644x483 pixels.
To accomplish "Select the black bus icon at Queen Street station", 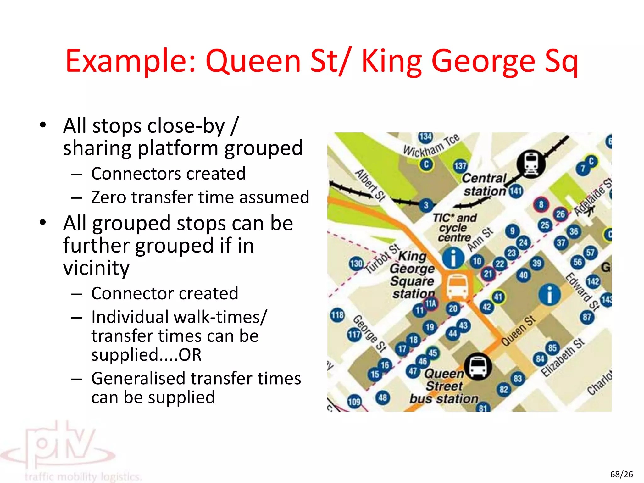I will click(478, 367).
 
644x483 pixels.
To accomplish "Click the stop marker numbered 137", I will click(460, 166).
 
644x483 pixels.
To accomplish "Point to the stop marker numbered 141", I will click(516, 191).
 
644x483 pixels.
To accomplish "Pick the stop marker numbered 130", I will click(356, 263).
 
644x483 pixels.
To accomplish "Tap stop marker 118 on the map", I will click(337, 315).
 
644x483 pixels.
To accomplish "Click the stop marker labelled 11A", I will click(431, 303).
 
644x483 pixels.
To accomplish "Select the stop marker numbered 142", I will click(593, 281).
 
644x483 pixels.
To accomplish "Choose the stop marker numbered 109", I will click(354, 402).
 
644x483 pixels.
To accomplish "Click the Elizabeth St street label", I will click(563, 358).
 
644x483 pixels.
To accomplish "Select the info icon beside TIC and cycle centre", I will click(453, 258).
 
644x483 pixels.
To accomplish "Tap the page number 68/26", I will click(621, 474).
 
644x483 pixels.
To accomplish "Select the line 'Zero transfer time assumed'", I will click(200, 197).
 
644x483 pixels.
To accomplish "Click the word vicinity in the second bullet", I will click(96, 268).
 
